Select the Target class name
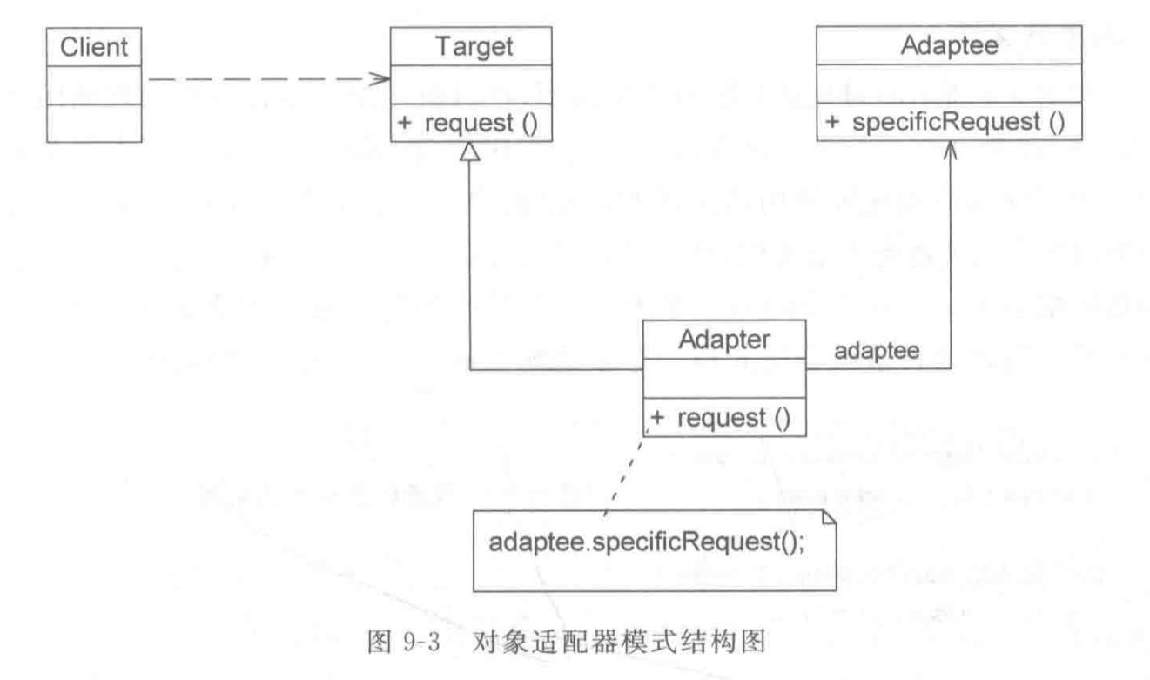[x=470, y=47]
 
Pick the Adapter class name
[x=724, y=340]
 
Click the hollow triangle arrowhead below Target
[x=470, y=151]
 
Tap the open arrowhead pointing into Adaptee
[x=949, y=150]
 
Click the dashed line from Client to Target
[x=261, y=79]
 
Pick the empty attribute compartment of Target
[x=470, y=85]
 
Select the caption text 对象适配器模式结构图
[x=620, y=646]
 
